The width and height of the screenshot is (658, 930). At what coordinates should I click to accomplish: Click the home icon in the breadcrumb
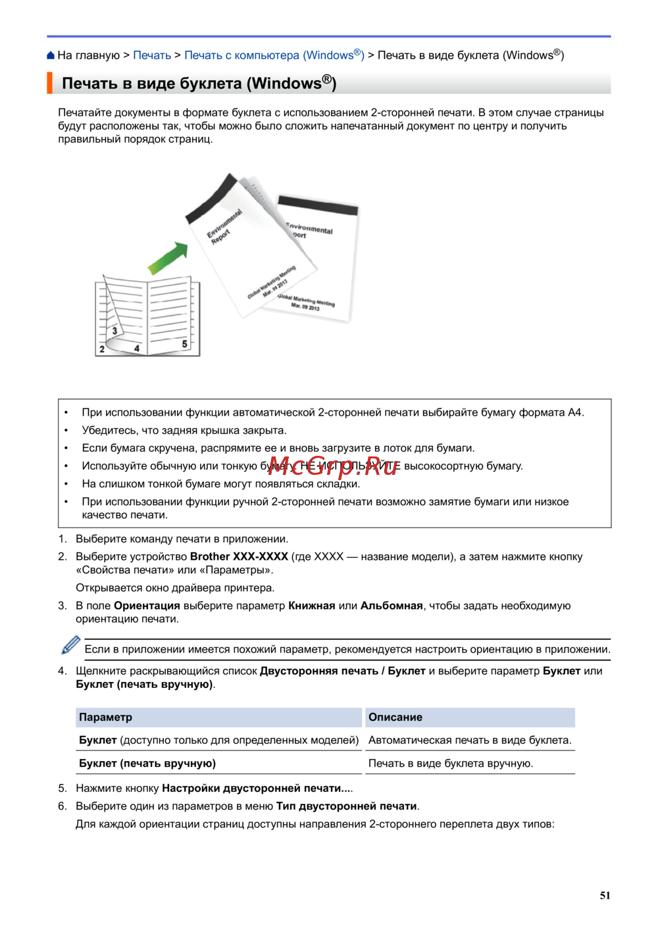pyautogui.click(x=51, y=56)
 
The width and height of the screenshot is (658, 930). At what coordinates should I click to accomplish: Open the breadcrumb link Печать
pyautogui.click(x=152, y=56)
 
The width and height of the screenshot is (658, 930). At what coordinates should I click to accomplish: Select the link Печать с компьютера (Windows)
pyautogui.click(x=274, y=56)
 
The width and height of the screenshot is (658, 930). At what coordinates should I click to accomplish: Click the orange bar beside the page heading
pyautogui.click(x=49, y=84)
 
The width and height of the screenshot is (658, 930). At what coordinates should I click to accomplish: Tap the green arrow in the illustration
pyautogui.click(x=168, y=257)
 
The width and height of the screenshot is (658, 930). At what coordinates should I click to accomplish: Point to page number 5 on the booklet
pyautogui.click(x=184, y=344)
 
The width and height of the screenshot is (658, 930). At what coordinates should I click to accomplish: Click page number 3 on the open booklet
pyautogui.click(x=114, y=331)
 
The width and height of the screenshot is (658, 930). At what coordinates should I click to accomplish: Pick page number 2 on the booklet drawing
pyautogui.click(x=102, y=349)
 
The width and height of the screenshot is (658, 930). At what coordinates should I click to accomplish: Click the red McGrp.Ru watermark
pyautogui.click(x=334, y=466)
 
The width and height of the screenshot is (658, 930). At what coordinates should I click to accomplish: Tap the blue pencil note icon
pyautogui.click(x=70, y=645)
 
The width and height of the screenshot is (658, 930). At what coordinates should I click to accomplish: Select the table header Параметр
pyautogui.click(x=106, y=718)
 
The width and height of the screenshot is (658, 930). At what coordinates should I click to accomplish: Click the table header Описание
pyautogui.click(x=395, y=718)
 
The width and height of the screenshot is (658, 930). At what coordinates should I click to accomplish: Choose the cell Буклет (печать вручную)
pyautogui.click(x=147, y=764)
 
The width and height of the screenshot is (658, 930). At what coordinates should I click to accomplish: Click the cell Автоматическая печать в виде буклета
pyautogui.click(x=470, y=741)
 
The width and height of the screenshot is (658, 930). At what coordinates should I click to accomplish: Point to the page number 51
pyautogui.click(x=605, y=896)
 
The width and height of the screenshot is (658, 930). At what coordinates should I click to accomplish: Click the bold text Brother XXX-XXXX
pyautogui.click(x=239, y=557)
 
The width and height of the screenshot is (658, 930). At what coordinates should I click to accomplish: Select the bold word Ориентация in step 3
pyautogui.click(x=147, y=606)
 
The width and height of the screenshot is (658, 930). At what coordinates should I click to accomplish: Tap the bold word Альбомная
pyautogui.click(x=392, y=606)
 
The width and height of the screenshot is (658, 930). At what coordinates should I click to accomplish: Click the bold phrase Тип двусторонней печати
pyautogui.click(x=346, y=806)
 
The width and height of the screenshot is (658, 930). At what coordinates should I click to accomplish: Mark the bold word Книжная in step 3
pyautogui.click(x=312, y=606)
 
